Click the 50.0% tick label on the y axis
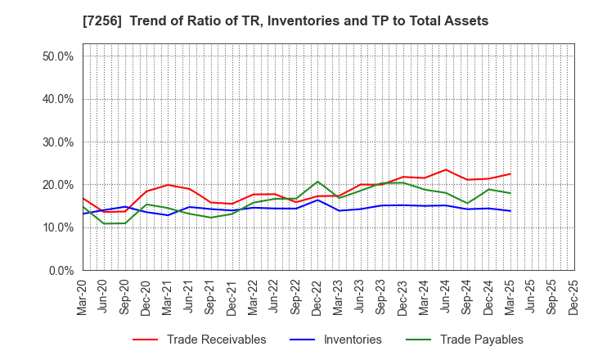pyautogui.click(x=57, y=56)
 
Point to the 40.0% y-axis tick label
pyautogui.click(x=57, y=99)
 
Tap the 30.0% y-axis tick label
pyautogui.click(x=57, y=142)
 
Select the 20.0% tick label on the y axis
pyautogui.click(x=57, y=185)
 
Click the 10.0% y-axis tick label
pyautogui.click(x=57, y=227)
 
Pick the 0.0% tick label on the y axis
pyautogui.click(x=61, y=271)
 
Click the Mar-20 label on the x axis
pyautogui.click(x=83, y=296)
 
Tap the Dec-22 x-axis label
pyautogui.click(x=317, y=296)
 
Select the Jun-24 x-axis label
pyautogui.click(x=446, y=296)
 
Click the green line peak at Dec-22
pyautogui.click(x=317, y=182)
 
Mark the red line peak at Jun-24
pyautogui.click(x=446, y=170)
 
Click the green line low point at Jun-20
pyautogui.click(x=104, y=223)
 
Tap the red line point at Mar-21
pyautogui.click(x=168, y=185)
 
